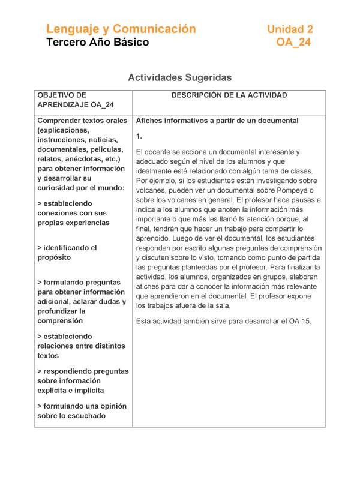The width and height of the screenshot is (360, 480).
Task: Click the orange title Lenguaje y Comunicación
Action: (121, 29)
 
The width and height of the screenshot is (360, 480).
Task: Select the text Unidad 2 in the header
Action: (290, 29)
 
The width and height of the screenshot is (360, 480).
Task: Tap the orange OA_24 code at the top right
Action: (293, 43)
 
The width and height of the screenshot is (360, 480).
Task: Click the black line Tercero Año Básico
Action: (97, 43)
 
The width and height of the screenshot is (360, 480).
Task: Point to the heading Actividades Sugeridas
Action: (179, 77)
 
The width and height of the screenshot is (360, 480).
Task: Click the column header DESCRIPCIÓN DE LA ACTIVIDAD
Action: (229, 95)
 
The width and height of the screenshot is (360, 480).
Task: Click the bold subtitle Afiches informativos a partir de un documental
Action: (217, 121)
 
